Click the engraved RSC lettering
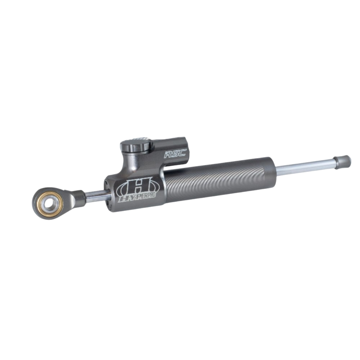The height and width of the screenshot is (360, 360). pyautogui.click(x=175, y=153)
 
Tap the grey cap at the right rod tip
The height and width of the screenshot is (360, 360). pyautogui.click(x=342, y=162)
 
